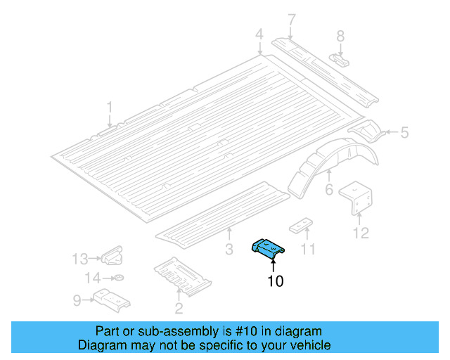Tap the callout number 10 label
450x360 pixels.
pyautogui.click(x=276, y=282)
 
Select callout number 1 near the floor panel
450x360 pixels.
pyautogui.click(x=110, y=107)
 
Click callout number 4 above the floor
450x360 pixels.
pyautogui.click(x=259, y=34)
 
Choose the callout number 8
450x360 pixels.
pyautogui.click(x=340, y=35)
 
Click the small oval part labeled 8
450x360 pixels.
pyautogui.click(x=340, y=58)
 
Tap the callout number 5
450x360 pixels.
pyautogui.click(x=404, y=131)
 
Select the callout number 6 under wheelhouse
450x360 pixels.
pyautogui.click(x=328, y=190)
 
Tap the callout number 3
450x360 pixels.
pyautogui.click(x=229, y=248)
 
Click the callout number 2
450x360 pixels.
pyautogui.click(x=179, y=308)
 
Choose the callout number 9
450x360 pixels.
pyautogui.click(x=77, y=301)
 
